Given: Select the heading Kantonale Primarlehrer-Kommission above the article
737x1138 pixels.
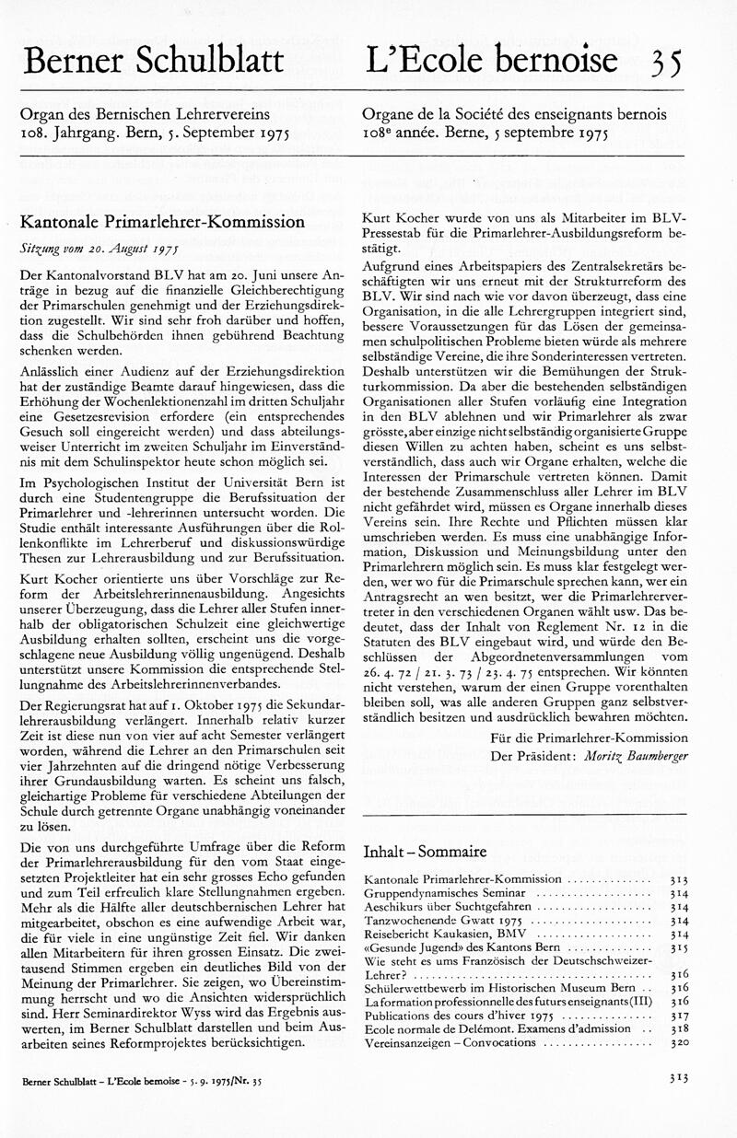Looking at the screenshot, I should [x=162, y=222].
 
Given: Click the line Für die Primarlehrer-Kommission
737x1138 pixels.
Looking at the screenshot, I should [x=589, y=737].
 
